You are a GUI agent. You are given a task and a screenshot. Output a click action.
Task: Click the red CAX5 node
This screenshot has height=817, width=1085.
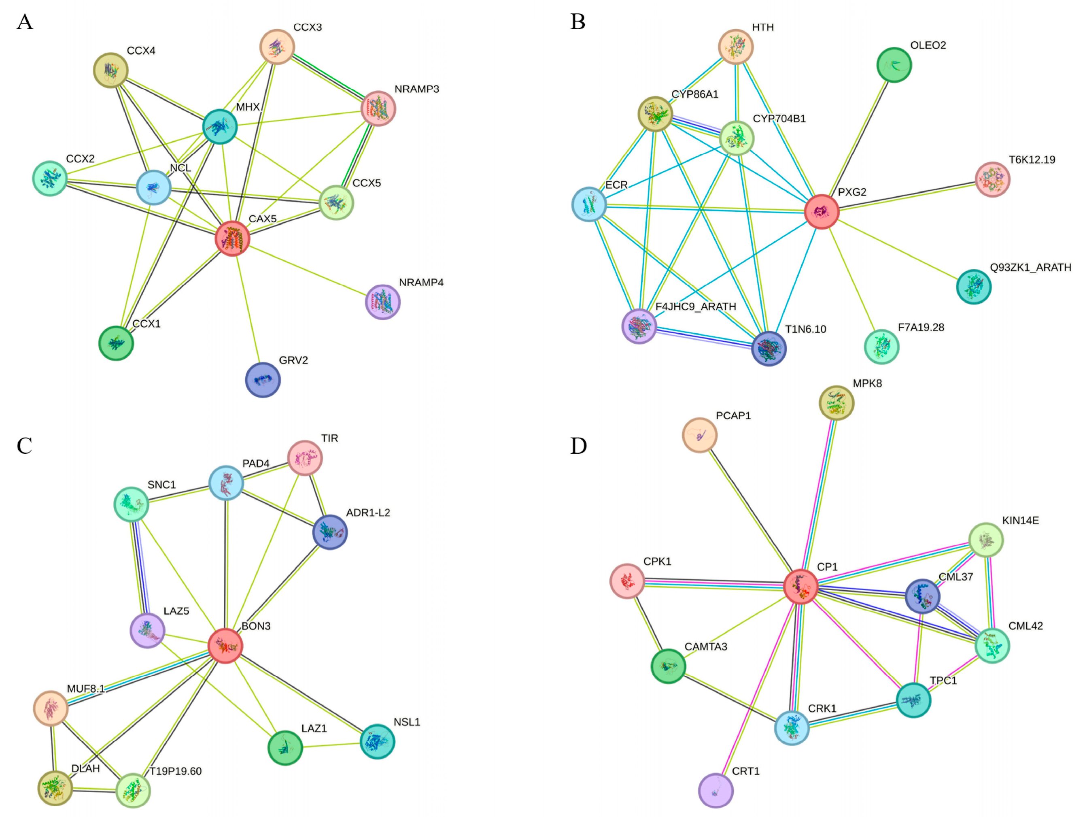232,238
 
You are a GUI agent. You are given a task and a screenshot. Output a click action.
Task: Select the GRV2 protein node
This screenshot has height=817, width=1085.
263,380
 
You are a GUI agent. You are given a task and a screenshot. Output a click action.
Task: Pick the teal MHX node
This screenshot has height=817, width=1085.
220,127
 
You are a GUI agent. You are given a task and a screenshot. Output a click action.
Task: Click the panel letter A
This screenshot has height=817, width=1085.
25,22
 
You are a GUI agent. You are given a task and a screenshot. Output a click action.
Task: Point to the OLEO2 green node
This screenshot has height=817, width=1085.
894,65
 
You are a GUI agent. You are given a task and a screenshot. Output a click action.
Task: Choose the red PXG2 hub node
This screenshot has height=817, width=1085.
822,211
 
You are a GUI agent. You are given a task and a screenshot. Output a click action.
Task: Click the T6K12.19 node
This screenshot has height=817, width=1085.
992,179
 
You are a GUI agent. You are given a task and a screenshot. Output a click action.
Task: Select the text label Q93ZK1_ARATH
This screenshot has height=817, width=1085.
1030,268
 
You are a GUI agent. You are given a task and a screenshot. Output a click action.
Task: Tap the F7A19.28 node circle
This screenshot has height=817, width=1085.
881,347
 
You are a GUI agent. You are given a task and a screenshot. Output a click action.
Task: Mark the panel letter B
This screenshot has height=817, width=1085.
578,22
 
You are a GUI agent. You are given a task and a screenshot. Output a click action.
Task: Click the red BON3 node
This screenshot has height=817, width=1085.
225,646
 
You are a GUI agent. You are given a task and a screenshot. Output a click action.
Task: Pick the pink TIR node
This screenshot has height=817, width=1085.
305,458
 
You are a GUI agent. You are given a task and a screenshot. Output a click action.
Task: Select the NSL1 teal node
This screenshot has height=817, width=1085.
377,741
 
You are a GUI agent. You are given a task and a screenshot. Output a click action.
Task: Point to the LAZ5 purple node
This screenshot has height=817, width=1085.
147,630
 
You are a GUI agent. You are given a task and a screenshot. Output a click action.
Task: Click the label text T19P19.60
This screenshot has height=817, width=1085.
176,771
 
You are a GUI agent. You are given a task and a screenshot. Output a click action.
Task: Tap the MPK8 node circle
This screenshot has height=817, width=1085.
837,403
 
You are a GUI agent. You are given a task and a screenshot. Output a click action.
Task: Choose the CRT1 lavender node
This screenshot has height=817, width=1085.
716,790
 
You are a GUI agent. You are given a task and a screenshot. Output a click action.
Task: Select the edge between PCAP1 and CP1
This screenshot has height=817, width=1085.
750,510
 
